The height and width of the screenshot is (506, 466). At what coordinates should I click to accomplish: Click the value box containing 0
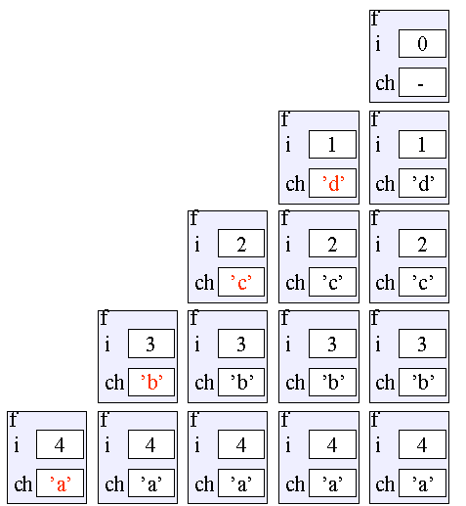(422, 44)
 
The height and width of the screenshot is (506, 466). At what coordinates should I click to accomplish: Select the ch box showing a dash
(422, 82)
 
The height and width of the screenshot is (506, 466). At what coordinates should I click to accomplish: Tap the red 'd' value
(333, 183)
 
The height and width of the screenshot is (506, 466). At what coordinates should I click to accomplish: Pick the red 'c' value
(241, 283)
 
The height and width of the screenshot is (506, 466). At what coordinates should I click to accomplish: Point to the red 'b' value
(151, 382)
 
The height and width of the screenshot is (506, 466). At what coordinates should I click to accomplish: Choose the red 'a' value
(61, 483)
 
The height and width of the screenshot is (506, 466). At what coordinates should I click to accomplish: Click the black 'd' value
(423, 183)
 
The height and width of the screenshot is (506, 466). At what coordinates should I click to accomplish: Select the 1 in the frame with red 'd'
(332, 145)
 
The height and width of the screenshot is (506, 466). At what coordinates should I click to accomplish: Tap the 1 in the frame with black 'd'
(422, 145)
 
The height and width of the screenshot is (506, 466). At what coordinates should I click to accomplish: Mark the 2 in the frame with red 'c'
(241, 244)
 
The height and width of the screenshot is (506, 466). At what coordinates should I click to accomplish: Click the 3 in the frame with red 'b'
(150, 344)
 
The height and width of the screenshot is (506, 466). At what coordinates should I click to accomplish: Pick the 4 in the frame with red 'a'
(60, 444)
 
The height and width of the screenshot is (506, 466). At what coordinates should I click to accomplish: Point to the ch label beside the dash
(385, 83)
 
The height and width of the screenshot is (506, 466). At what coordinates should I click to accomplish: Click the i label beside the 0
(378, 44)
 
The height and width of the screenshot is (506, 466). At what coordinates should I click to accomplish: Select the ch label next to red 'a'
(23, 484)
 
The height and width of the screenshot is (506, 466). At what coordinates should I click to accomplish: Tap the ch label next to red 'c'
(204, 283)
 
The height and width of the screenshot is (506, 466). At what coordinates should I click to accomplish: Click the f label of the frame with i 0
(375, 19)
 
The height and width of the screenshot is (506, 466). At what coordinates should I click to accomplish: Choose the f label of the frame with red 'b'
(104, 318)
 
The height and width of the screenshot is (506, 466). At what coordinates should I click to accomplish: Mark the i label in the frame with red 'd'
(288, 145)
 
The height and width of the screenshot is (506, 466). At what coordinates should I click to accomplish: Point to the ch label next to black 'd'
(385, 184)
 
